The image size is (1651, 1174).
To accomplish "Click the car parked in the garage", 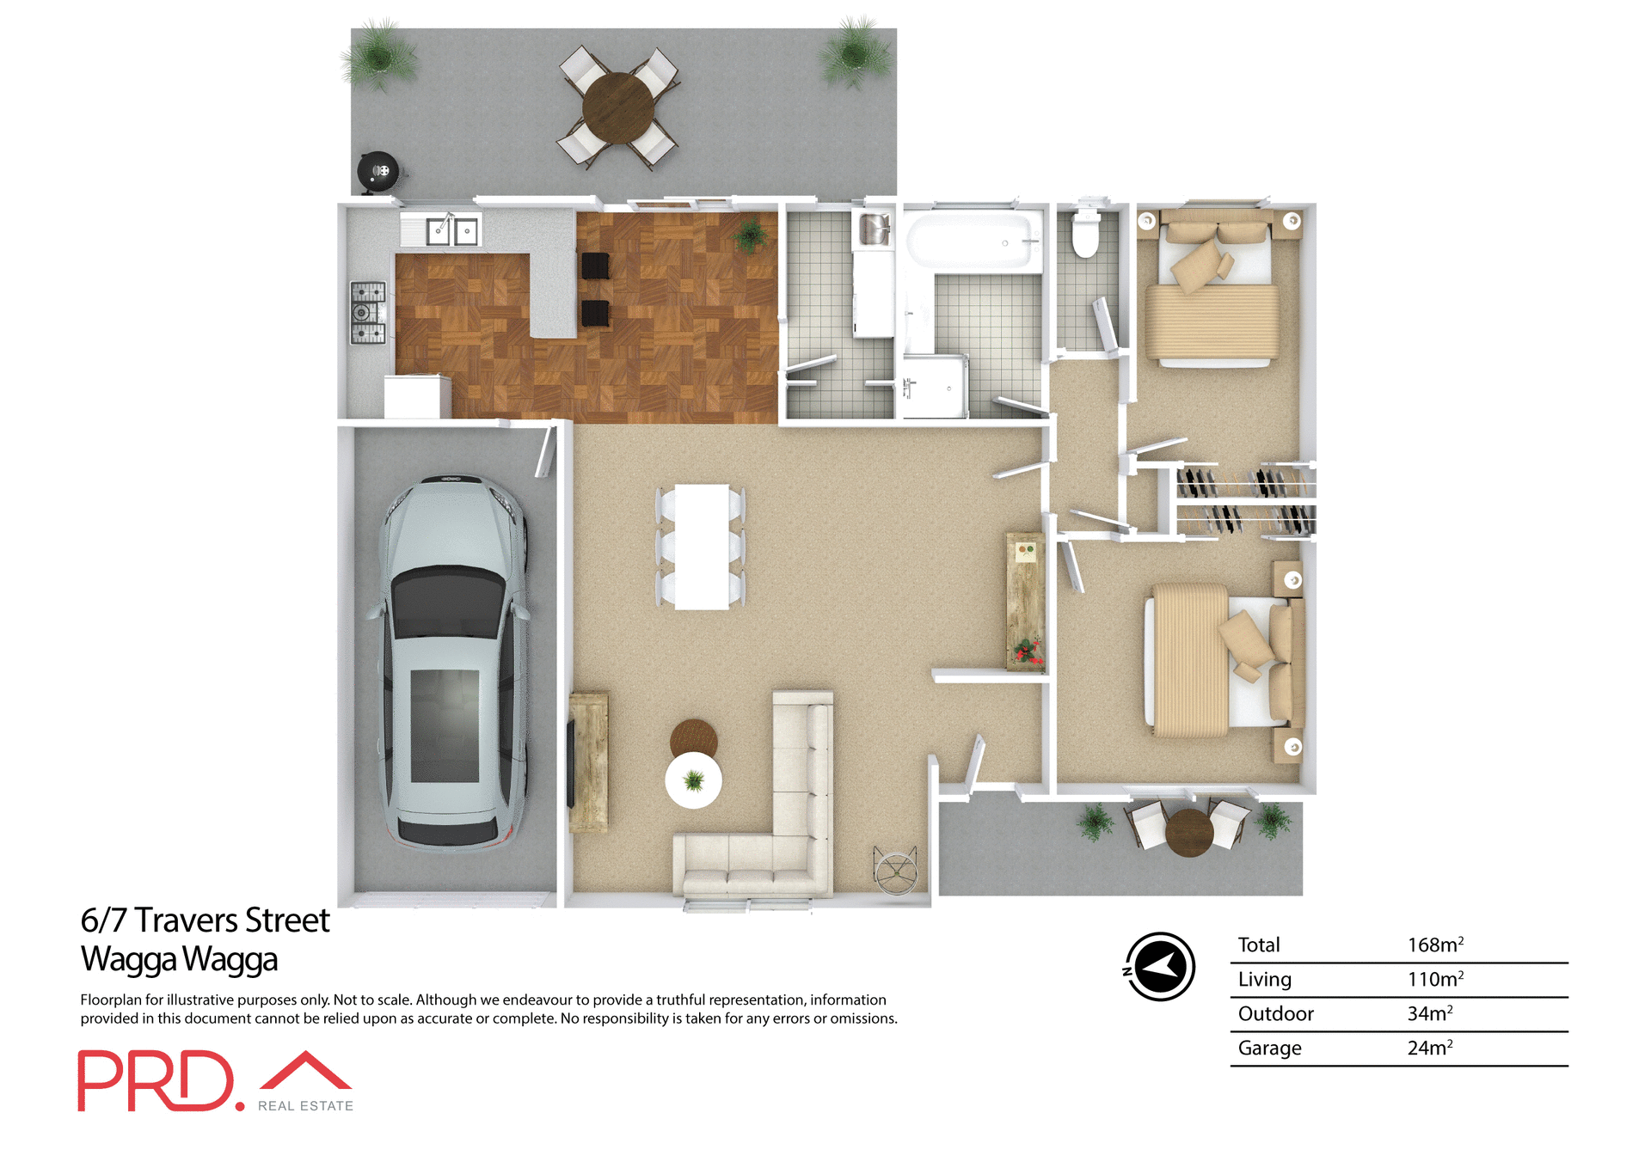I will coord(451,662).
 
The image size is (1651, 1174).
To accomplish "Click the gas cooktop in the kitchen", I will coord(368,312).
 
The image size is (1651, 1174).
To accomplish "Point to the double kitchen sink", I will coord(452,230).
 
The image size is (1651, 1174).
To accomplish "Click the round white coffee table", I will coord(693,780).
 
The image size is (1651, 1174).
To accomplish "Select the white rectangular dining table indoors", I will coord(702,547).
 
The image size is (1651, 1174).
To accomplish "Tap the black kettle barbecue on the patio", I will coord(378,172).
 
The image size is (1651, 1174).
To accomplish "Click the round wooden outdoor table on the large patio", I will coord(617,107).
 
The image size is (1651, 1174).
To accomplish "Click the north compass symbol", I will coord(1160,966).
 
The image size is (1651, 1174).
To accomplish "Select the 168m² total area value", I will coord(1434,945).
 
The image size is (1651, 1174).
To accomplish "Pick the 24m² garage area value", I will coord(1429,1048).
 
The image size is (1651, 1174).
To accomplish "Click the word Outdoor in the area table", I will coord(1275,1013).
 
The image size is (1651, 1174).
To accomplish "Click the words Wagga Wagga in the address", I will coord(179,959).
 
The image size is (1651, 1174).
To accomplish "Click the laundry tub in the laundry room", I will coord(875,229).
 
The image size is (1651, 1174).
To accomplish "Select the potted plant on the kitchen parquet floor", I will coord(750,235).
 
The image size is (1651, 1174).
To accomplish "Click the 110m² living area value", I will coord(1434,979).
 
